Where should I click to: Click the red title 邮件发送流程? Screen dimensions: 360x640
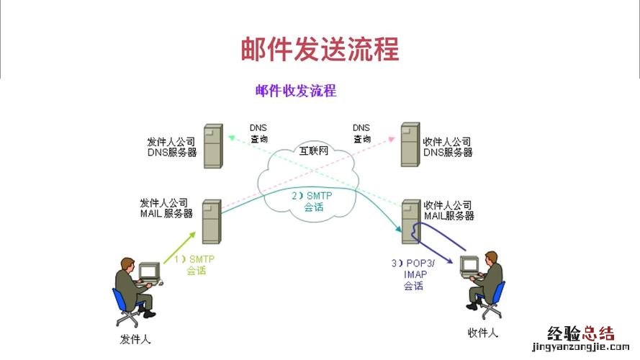[320, 50]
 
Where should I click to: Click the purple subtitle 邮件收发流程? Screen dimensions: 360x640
[295, 91]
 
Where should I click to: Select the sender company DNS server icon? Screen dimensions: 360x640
[212, 146]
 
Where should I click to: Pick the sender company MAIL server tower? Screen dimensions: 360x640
[212, 221]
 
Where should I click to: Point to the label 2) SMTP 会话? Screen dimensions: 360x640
[314, 201]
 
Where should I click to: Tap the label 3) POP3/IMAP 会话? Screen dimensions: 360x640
[413, 274]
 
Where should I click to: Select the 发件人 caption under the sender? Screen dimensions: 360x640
[136, 338]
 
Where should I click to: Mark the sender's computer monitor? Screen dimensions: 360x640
[148, 271]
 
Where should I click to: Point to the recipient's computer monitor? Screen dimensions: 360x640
[469, 265]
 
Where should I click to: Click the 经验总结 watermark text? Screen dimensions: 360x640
[581, 333]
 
